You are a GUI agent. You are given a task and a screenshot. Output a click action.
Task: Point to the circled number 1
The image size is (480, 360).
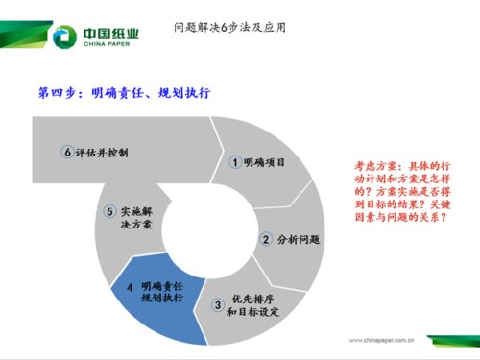pos(235,162)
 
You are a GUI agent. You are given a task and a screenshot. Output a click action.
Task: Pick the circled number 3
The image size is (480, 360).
pos(218,305)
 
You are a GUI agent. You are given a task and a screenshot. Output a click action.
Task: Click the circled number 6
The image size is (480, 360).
pos(67,153)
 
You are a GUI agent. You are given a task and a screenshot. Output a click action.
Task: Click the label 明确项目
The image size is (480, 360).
pos(265,162)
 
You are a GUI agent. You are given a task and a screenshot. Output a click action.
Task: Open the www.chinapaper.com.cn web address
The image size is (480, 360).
pos(381,338)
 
